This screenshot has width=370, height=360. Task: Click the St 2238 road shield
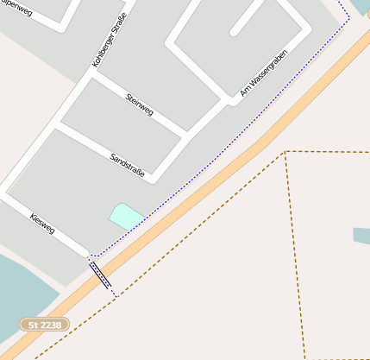tap(44, 325)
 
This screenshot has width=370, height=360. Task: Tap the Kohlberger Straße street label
tap(109, 40)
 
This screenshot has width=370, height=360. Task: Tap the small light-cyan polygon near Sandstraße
tap(126, 216)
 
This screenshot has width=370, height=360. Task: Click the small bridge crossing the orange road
tap(101, 275)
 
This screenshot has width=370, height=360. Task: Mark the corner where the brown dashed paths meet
tap(285, 152)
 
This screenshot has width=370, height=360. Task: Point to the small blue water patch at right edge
tap(361, 235)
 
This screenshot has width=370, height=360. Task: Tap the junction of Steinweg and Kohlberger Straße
tap(89, 73)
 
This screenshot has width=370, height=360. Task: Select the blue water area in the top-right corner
tap(360, 7)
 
